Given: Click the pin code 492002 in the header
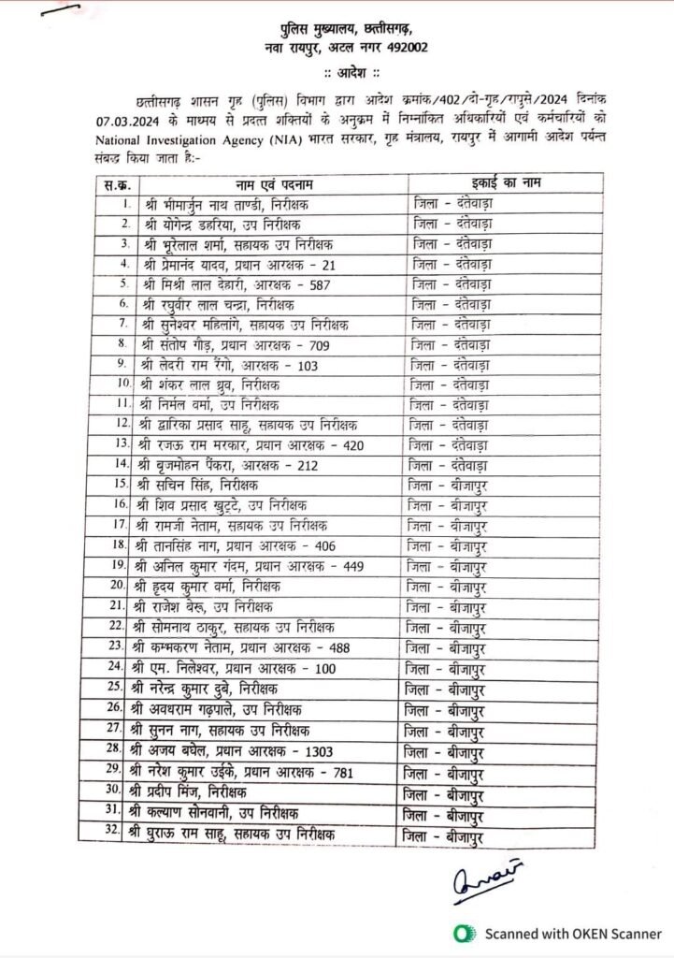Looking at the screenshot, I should tap(404, 46).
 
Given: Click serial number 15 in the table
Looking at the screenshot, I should tap(119, 484).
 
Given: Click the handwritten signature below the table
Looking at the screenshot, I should tap(486, 880).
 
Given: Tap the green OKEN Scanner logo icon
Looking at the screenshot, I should tap(462, 933).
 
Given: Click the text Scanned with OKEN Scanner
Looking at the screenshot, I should tap(571, 934).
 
